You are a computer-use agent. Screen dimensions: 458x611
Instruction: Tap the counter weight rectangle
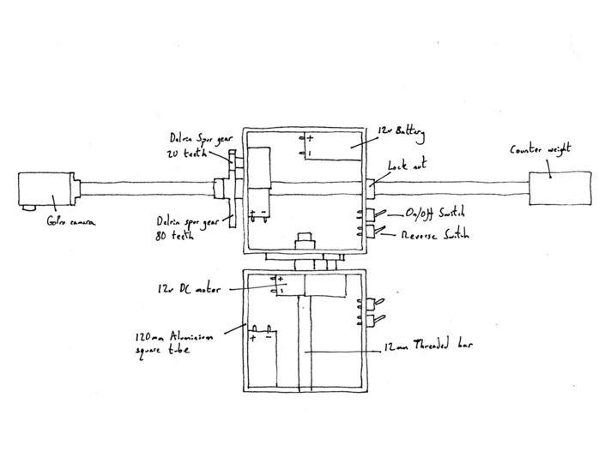point(560,187)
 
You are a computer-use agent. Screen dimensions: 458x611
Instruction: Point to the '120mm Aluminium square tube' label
point(169,343)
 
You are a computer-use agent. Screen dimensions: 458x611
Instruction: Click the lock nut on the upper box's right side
point(372,183)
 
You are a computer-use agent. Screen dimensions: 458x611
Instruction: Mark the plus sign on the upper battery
point(310,138)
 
